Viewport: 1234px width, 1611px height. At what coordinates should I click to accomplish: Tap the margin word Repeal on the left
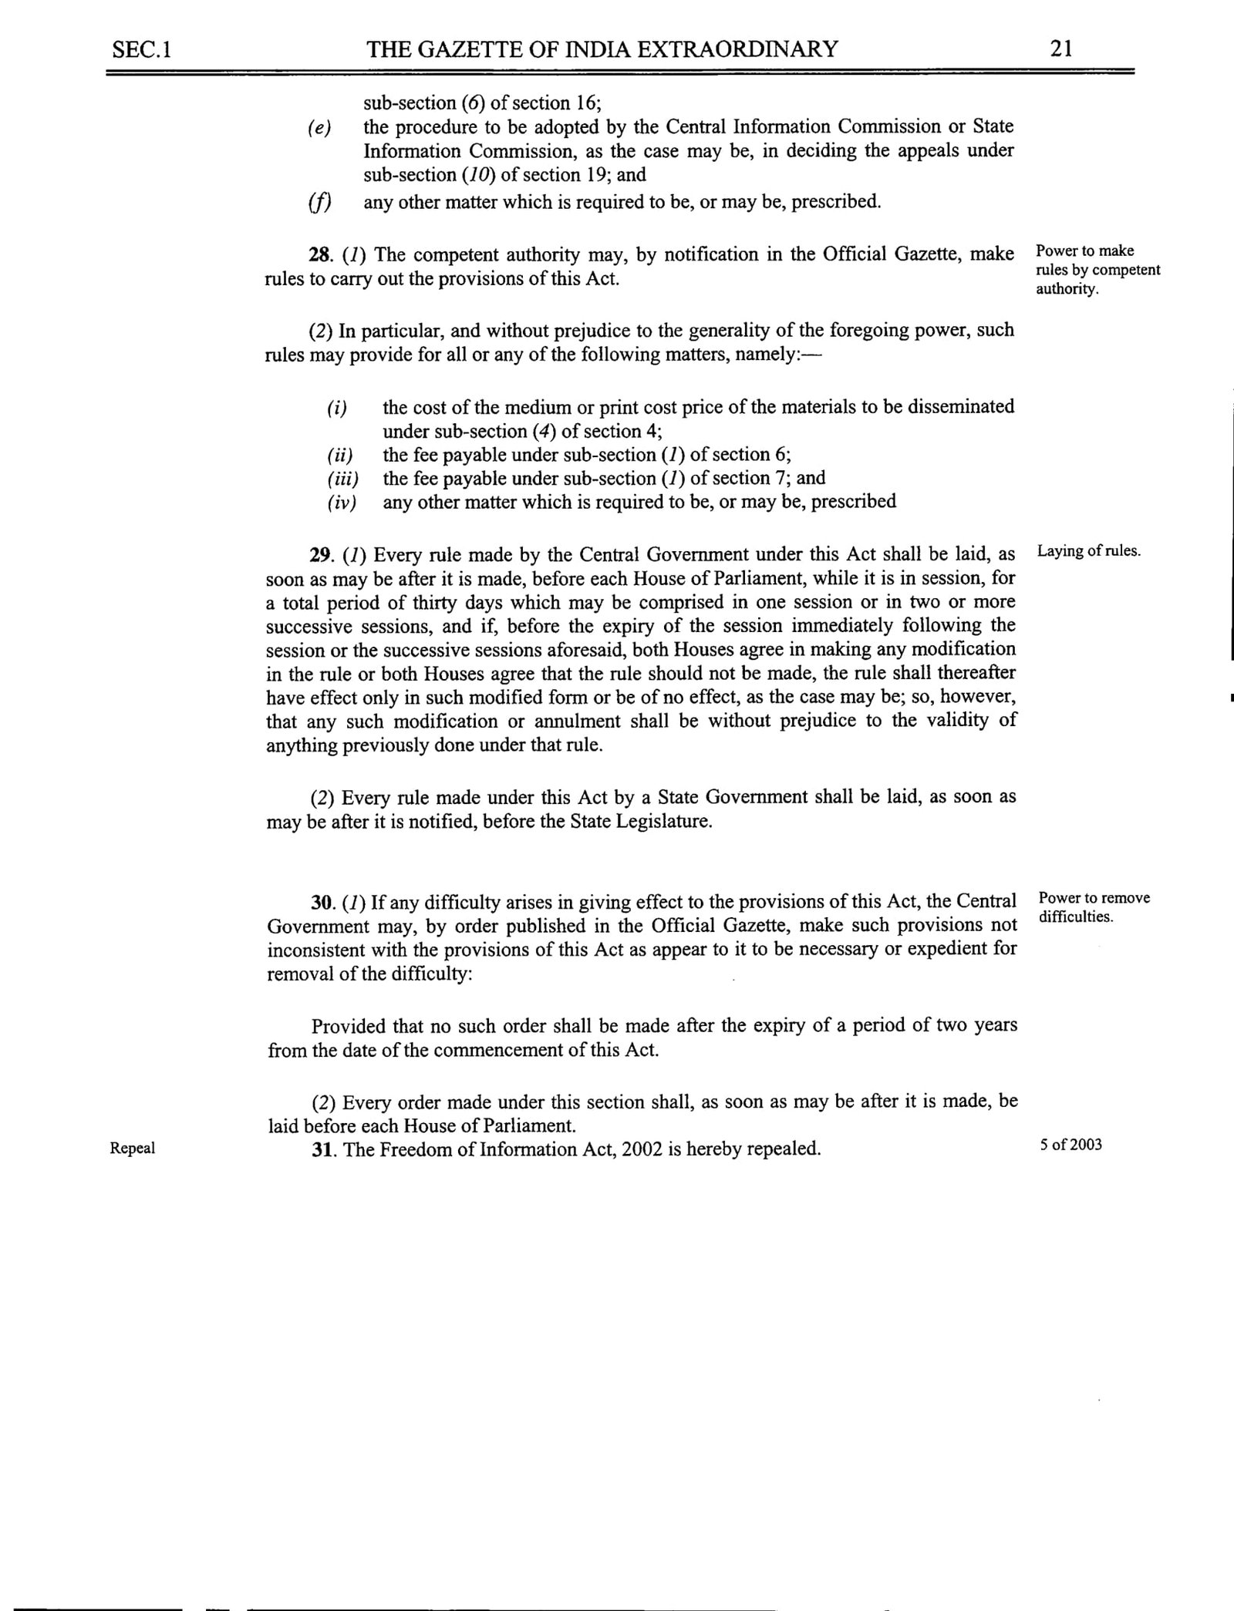click(x=133, y=1149)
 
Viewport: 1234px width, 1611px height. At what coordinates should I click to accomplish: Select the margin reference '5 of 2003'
click(x=1070, y=1145)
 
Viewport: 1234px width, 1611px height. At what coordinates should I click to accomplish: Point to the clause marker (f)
click(x=319, y=203)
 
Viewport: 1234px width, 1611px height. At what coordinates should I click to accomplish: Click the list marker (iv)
click(x=342, y=503)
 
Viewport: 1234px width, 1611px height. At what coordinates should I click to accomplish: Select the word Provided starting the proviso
click(x=349, y=1027)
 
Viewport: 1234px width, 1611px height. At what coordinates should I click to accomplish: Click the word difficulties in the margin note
click(x=1076, y=917)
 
